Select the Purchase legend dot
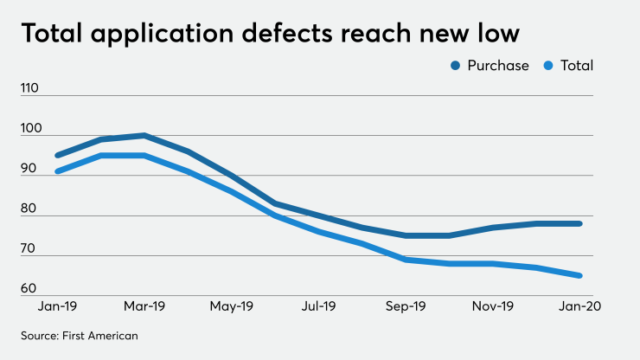coord(456,66)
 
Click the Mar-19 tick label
coord(144,306)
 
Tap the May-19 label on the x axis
coord(232,306)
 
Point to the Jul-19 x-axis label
coord(319,306)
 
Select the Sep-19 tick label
coord(406,306)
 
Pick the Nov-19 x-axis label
coord(493,306)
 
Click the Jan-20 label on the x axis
coord(579,306)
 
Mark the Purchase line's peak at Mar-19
coord(144,135)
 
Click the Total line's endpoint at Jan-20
coord(579,276)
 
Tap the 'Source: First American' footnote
coord(80,334)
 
